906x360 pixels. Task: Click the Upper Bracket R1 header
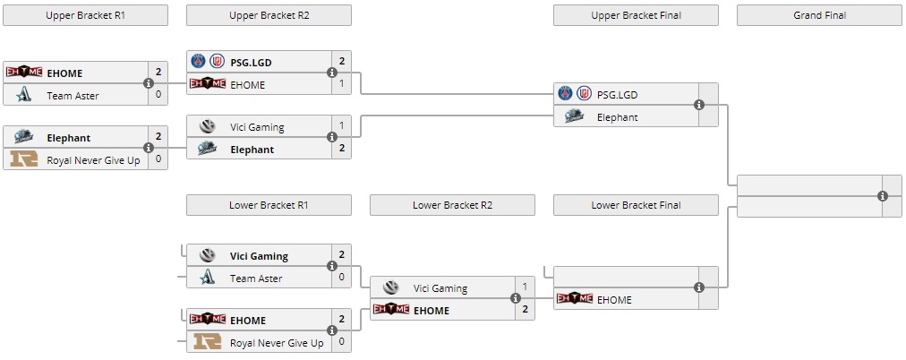pyautogui.click(x=85, y=15)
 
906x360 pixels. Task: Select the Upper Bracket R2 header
pyautogui.click(x=269, y=15)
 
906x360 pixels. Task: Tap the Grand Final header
pyautogui.click(x=819, y=15)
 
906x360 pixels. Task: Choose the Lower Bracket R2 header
pyautogui.click(x=452, y=205)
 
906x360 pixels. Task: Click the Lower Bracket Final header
pyautogui.click(x=636, y=205)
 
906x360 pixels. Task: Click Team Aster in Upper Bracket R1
pyautogui.click(x=73, y=96)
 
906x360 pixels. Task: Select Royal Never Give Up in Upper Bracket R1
pyautogui.click(x=93, y=160)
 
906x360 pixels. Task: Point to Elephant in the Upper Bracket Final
pyautogui.click(x=617, y=116)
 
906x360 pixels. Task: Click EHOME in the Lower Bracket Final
pyautogui.click(x=613, y=299)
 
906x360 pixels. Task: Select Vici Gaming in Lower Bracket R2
pyautogui.click(x=440, y=288)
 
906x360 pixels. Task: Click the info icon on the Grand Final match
pyautogui.click(x=883, y=195)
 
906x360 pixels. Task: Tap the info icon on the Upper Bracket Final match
pyautogui.click(x=699, y=105)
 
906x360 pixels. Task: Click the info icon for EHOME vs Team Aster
pyautogui.click(x=149, y=83)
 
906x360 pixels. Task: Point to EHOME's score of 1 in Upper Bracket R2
pyautogui.click(x=342, y=84)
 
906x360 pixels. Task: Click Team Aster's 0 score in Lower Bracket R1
pyautogui.click(x=342, y=278)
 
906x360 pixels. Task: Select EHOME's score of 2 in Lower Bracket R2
pyautogui.click(x=526, y=310)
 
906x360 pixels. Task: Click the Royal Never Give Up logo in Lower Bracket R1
pyautogui.click(x=207, y=342)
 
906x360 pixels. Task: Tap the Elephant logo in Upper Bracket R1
pyautogui.click(x=23, y=138)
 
